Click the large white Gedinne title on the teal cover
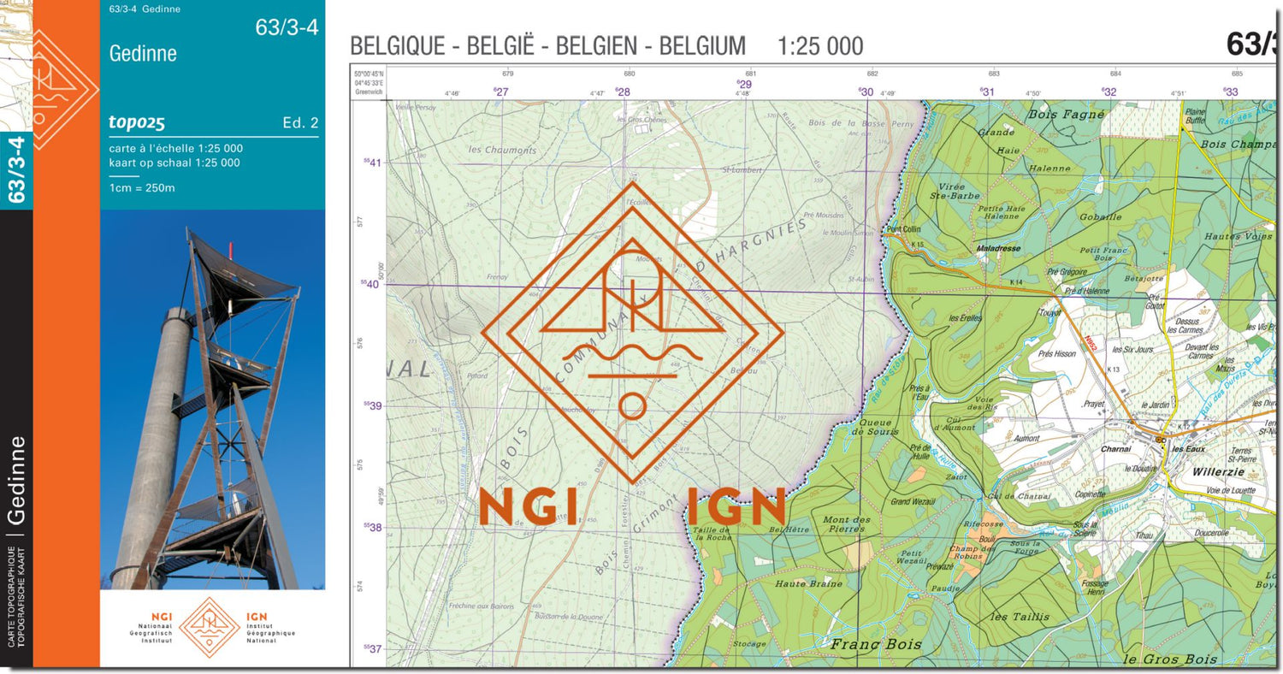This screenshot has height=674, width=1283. pyautogui.click(x=143, y=54)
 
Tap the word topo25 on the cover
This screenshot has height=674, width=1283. pyautogui.click(x=137, y=122)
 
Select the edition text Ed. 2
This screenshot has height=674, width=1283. pyautogui.click(x=300, y=123)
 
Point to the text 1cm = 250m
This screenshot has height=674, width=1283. pyautogui.click(x=142, y=187)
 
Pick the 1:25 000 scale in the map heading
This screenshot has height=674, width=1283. pyautogui.click(x=819, y=46)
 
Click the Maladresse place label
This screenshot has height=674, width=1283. pyautogui.click(x=998, y=249)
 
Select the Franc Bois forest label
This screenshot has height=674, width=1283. pyautogui.click(x=877, y=643)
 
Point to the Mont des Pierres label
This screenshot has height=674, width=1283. pyautogui.click(x=846, y=524)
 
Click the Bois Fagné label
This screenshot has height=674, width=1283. pyautogui.click(x=1055, y=114)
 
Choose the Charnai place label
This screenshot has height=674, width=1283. pyautogui.click(x=1115, y=448)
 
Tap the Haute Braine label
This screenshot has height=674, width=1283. pyautogui.click(x=808, y=583)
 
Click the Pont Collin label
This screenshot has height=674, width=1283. pyautogui.click(x=903, y=229)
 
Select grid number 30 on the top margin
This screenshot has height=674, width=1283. pyautogui.click(x=866, y=92)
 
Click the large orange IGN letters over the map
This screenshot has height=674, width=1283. pyautogui.click(x=736, y=505)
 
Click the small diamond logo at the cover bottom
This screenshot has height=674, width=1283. pyautogui.click(x=209, y=627)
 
